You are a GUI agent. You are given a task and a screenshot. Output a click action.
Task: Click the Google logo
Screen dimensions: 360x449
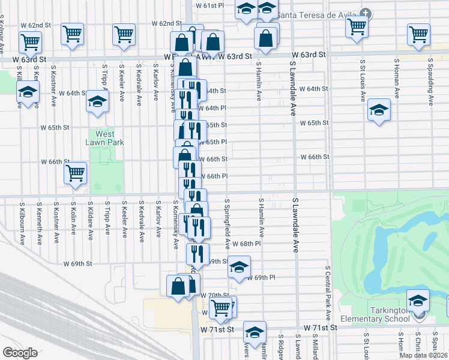[20, 353]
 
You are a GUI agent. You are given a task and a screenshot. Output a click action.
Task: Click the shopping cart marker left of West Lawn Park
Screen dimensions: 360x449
[76, 173]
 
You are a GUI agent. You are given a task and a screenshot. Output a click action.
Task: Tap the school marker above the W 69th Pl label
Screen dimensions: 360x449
[239, 267]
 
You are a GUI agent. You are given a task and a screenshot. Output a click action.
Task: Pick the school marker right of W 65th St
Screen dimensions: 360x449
[379, 110]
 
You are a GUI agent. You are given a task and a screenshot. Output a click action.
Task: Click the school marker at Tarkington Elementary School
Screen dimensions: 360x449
[418, 300]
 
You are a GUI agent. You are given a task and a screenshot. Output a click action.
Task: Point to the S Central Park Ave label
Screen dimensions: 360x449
[328, 293]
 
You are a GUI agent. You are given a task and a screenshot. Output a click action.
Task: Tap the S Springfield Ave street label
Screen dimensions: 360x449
[228, 225]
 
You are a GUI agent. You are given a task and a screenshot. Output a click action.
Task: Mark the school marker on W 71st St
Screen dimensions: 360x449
[255, 332]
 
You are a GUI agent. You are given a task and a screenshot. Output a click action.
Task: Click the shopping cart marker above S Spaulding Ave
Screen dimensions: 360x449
[418, 35]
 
